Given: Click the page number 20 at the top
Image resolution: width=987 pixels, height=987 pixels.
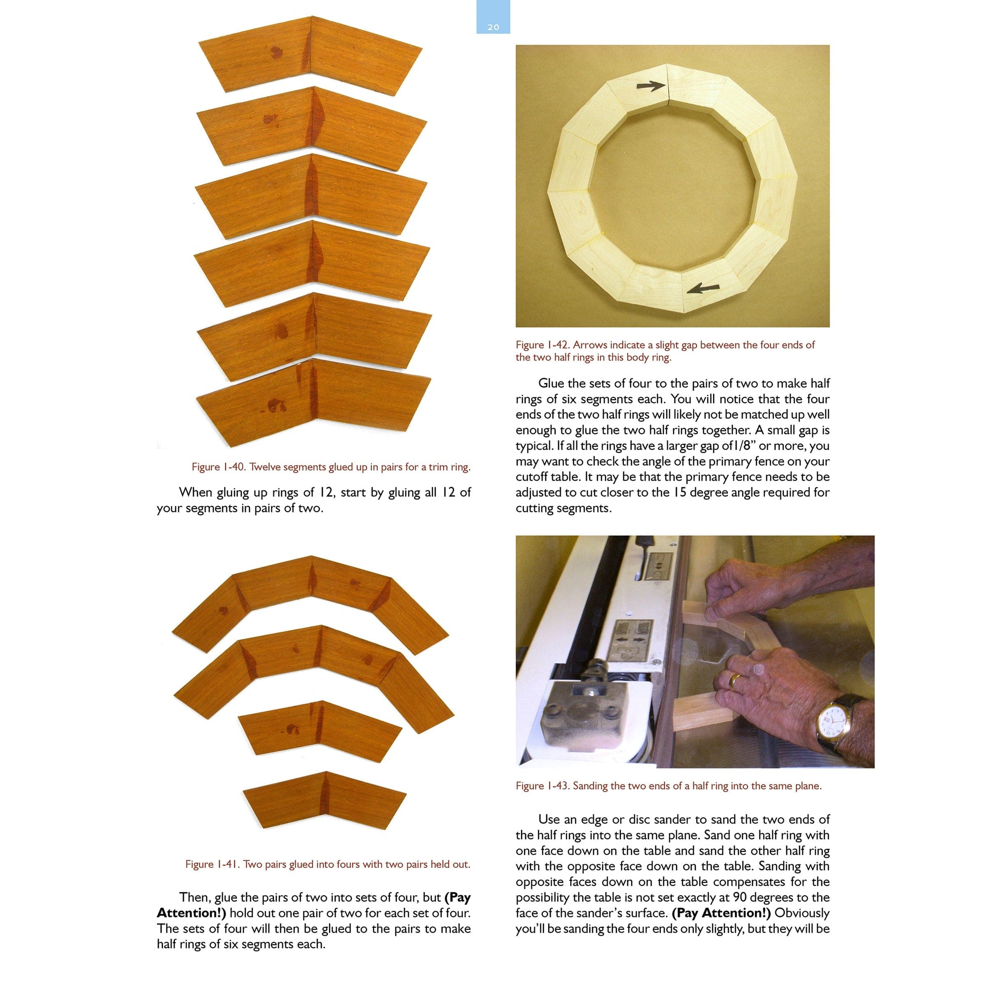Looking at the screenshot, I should (493, 27).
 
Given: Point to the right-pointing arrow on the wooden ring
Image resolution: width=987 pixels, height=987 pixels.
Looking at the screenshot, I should (651, 86).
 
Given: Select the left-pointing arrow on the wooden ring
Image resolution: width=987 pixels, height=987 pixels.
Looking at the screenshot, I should (703, 289).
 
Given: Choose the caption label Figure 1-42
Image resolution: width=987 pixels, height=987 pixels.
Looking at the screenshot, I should (542, 345).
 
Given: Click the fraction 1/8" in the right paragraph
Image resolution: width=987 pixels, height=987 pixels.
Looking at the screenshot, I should (743, 446).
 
